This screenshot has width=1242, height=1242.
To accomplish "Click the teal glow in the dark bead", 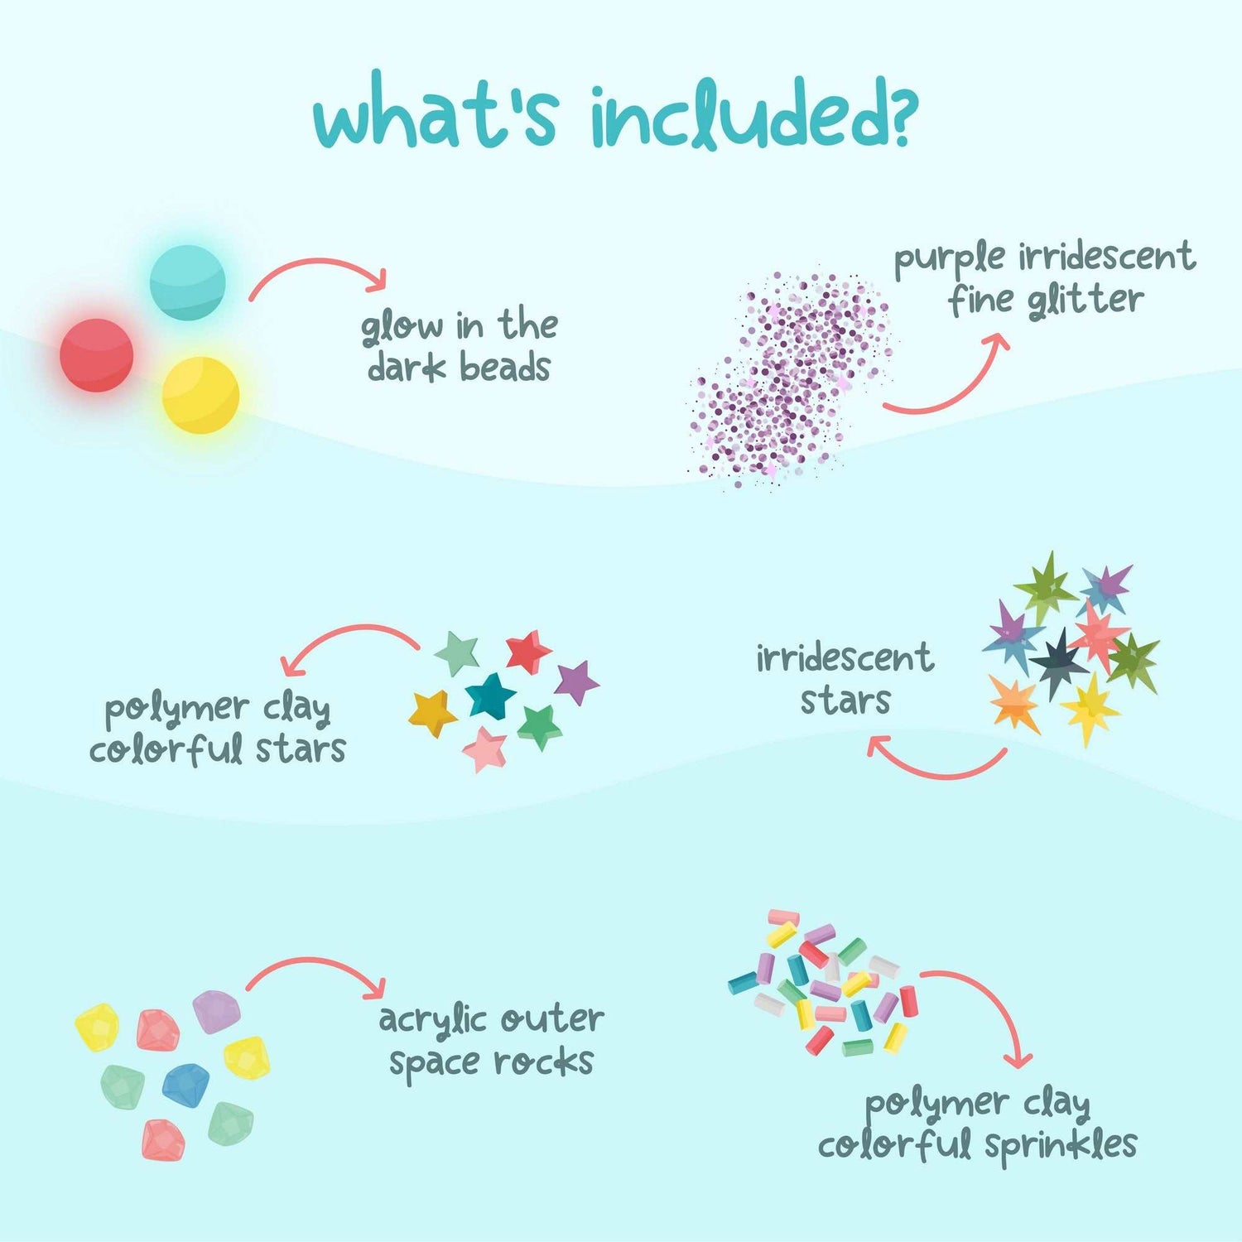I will tap(188, 282).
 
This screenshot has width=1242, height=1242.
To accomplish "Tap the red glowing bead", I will tap(97, 355).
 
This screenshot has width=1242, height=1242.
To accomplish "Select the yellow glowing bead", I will tap(200, 395).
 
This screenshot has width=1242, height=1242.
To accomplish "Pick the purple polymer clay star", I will tap(576, 681).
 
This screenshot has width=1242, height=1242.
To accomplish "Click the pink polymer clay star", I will tap(484, 748).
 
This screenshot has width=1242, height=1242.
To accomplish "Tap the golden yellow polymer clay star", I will tap(432, 713).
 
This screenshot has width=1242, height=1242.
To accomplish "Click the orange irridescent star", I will tap(1014, 705).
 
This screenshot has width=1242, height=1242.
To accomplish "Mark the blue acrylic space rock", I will tap(185, 1085).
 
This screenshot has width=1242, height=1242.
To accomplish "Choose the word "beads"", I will tap(504, 368).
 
